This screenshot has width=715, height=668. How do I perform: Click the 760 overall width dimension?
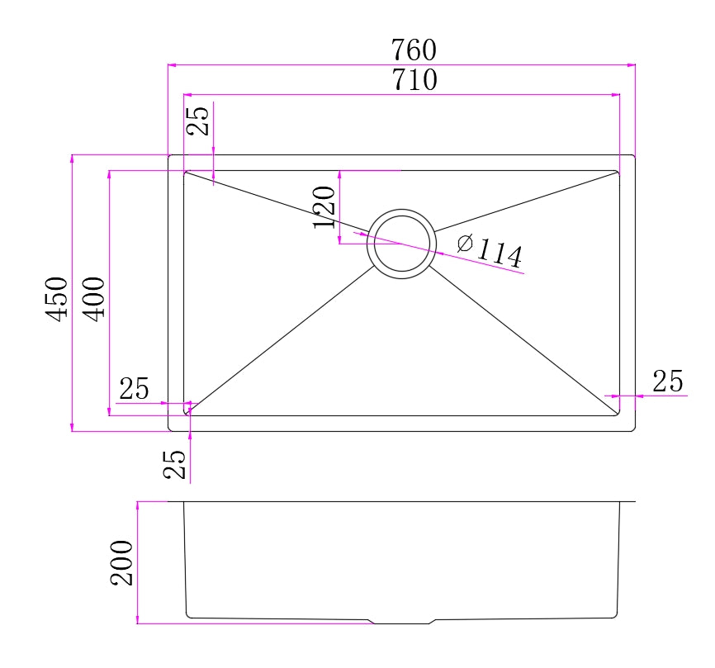[x=414, y=50]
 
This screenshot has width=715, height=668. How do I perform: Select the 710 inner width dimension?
[x=414, y=81]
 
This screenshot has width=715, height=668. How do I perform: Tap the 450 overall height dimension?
[x=56, y=299]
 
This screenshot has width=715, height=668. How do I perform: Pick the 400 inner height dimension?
[x=94, y=298]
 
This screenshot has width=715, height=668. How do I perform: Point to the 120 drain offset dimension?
[x=324, y=206]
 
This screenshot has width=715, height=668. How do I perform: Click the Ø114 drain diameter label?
[x=490, y=251]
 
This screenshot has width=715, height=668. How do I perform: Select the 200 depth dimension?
[x=122, y=562]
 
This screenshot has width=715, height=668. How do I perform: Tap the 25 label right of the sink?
[x=668, y=381]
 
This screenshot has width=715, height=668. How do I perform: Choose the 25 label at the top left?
[x=198, y=120]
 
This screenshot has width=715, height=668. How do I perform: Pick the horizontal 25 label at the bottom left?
[x=135, y=388]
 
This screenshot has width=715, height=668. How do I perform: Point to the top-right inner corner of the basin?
[x=618, y=172]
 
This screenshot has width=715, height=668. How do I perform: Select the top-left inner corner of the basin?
[x=184, y=172]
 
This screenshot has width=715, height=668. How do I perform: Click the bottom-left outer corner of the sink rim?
[x=169, y=430]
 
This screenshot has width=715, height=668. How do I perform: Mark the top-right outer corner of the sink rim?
[x=634, y=156]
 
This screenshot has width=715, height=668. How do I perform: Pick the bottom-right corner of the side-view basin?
[x=617, y=615]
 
